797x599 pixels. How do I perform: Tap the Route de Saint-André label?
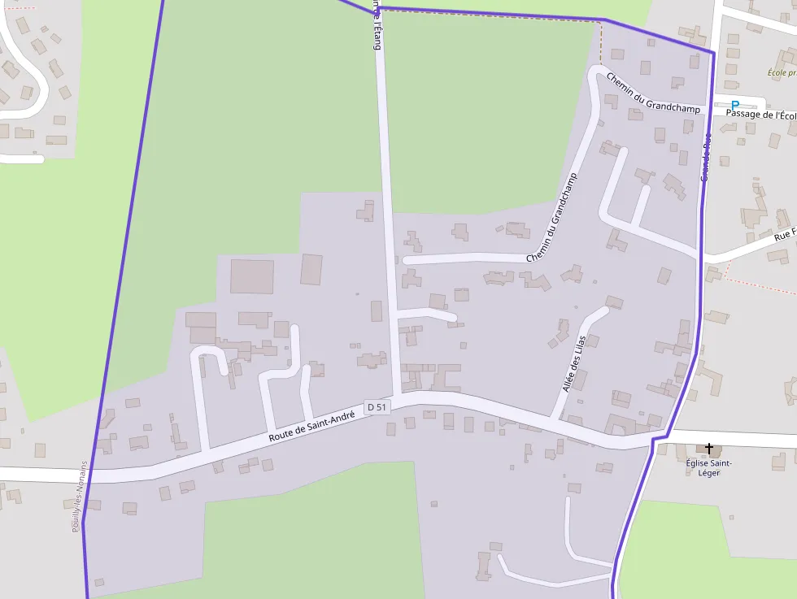coord(311,427)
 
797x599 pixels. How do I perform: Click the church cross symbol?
coord(709,449)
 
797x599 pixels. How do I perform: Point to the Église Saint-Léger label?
coord(709,467)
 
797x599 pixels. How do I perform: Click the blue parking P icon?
coord(735,105)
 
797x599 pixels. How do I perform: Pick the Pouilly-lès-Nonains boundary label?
coord(78,497)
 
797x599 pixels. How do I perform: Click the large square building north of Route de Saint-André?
coord(252,276)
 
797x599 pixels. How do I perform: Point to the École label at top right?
coord(782,72)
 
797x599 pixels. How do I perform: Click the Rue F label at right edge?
coord(784,235)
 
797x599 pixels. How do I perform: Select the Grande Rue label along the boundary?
coord(706,163)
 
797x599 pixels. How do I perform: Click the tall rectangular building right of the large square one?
coord(311,269)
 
